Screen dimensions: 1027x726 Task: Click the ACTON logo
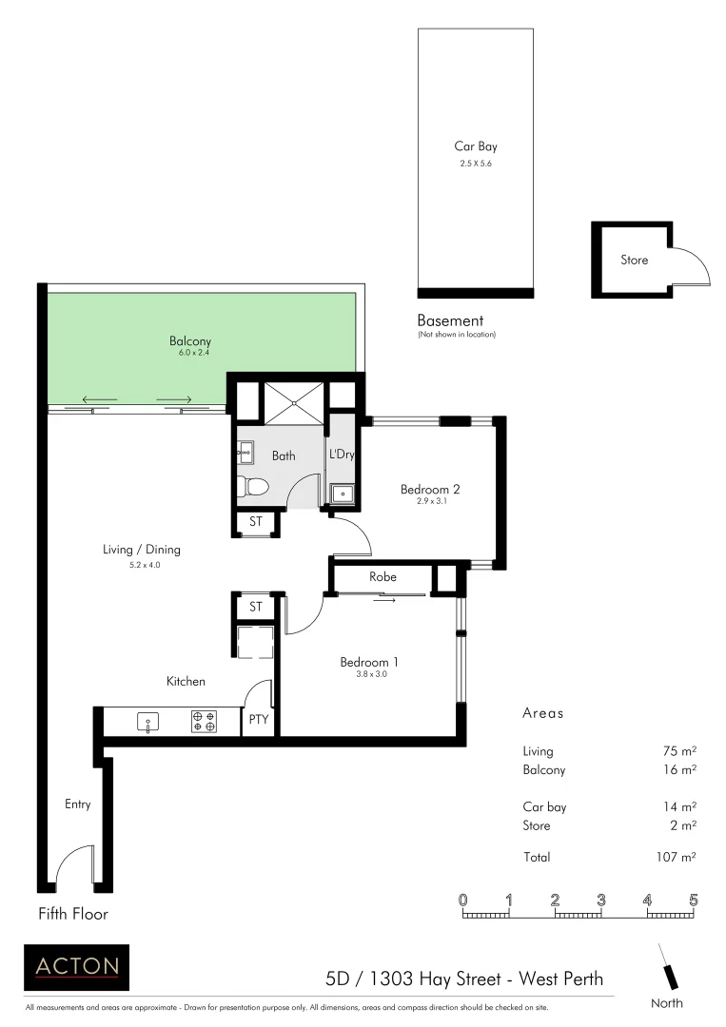click(77, 967)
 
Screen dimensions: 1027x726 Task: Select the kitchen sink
click(147, 722)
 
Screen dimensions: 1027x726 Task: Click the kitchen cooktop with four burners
click(204, 722)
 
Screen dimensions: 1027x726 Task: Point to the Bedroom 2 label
click(430, 490)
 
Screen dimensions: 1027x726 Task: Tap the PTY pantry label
click(258, 720)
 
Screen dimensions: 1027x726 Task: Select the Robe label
click(383, 577)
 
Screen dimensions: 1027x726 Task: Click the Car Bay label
click(475, 146)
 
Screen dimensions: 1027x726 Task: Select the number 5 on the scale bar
click(694, 900)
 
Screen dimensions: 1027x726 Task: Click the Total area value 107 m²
click(678, 857)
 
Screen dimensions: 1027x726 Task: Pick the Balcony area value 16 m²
click(680, 770)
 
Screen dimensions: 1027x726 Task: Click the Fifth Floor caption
click(73, 915)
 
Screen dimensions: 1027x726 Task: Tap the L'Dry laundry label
click(342, 455)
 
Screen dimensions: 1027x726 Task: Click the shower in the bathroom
click(293, 400)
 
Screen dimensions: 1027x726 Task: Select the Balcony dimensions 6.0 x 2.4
click(192, 353)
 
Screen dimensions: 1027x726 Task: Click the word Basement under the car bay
click(450, 320)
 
